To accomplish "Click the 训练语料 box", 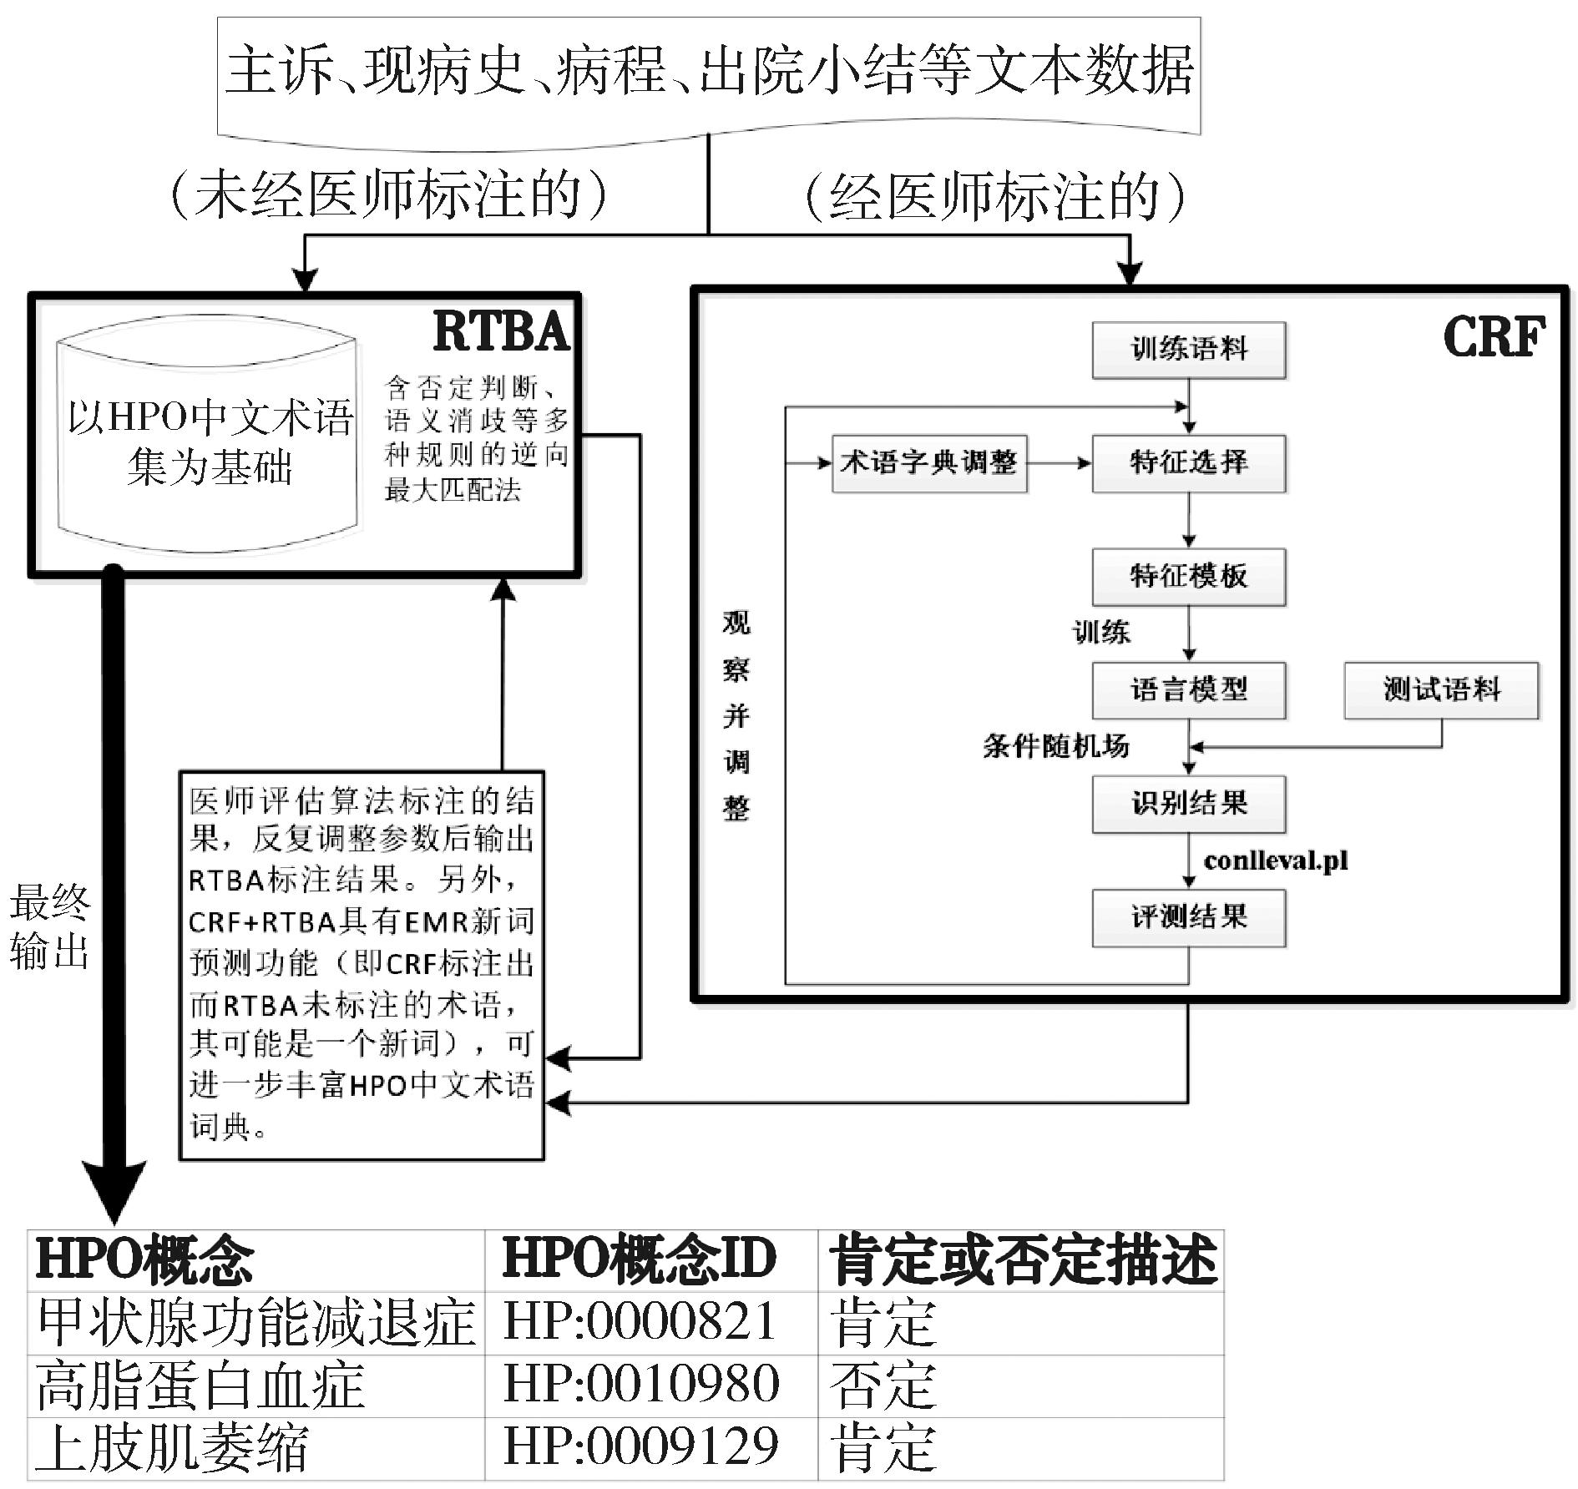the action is click(x=1188, y=351).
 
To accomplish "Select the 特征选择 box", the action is click(x=1188, y=463).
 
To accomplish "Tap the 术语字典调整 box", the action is click(x=929, y=463).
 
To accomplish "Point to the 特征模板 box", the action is click(x=1188, y=577).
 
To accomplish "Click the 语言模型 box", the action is click(x=1188, y=690).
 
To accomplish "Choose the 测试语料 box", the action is click(x=1441, y=690).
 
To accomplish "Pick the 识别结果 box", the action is click(x=1188, y=804).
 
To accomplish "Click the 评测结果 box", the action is click(x=1188, y=918).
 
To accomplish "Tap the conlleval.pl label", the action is click(x=1276, y=861).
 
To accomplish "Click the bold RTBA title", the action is click(x=502, y=332).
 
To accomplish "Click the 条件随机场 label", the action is click(x=1056, y=745).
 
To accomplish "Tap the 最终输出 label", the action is click(x=49, y=926).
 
